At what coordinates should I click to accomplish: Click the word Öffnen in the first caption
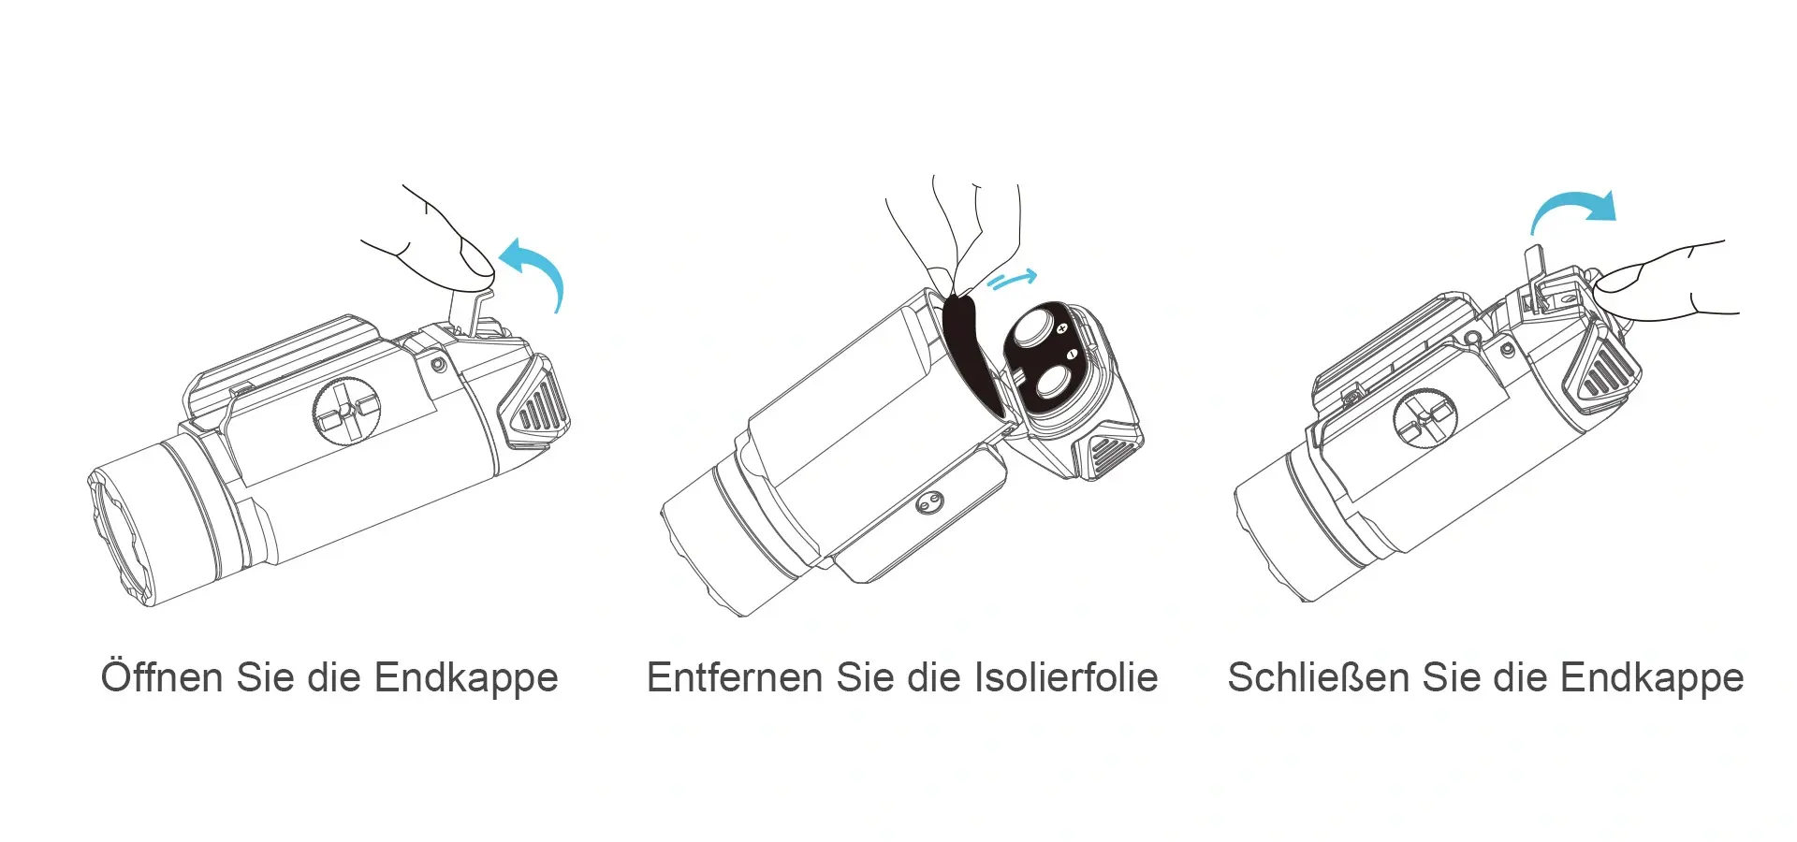click(162, 677)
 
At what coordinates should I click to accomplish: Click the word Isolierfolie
click(1066, 677)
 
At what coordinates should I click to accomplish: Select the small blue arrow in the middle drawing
click(1012, 279)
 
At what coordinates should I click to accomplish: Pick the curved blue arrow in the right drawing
click(1572, 207)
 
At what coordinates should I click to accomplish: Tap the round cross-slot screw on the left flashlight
click(346, 410)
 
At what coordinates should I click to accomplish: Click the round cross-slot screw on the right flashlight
click(1425, 418)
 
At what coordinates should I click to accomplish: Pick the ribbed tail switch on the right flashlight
click(1606, 370)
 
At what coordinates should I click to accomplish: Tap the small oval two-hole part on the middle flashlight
click(928, 502)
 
